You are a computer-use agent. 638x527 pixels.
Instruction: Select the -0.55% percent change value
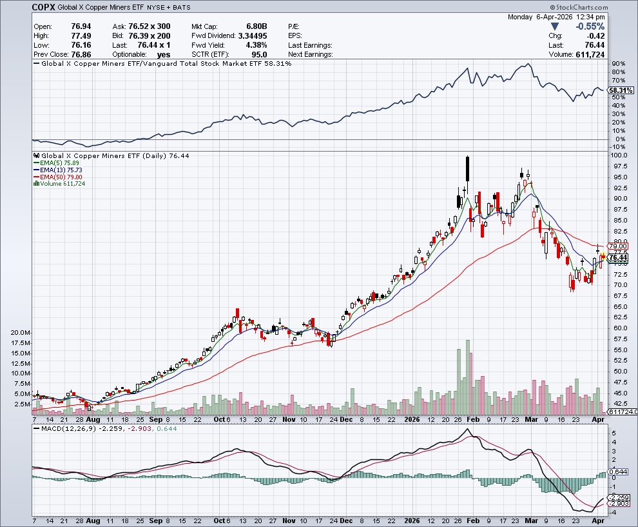tap(590, 26)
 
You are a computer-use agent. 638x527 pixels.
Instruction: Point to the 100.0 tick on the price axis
tap(619, 155)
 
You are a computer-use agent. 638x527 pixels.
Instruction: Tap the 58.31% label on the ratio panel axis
tap(619, 91)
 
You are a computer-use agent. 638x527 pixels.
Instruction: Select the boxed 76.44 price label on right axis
tap(619, 257)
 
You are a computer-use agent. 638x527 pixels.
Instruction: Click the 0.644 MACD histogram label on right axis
tap(619, 472)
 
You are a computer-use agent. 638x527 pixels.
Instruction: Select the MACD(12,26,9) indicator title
tap(65, 428)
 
